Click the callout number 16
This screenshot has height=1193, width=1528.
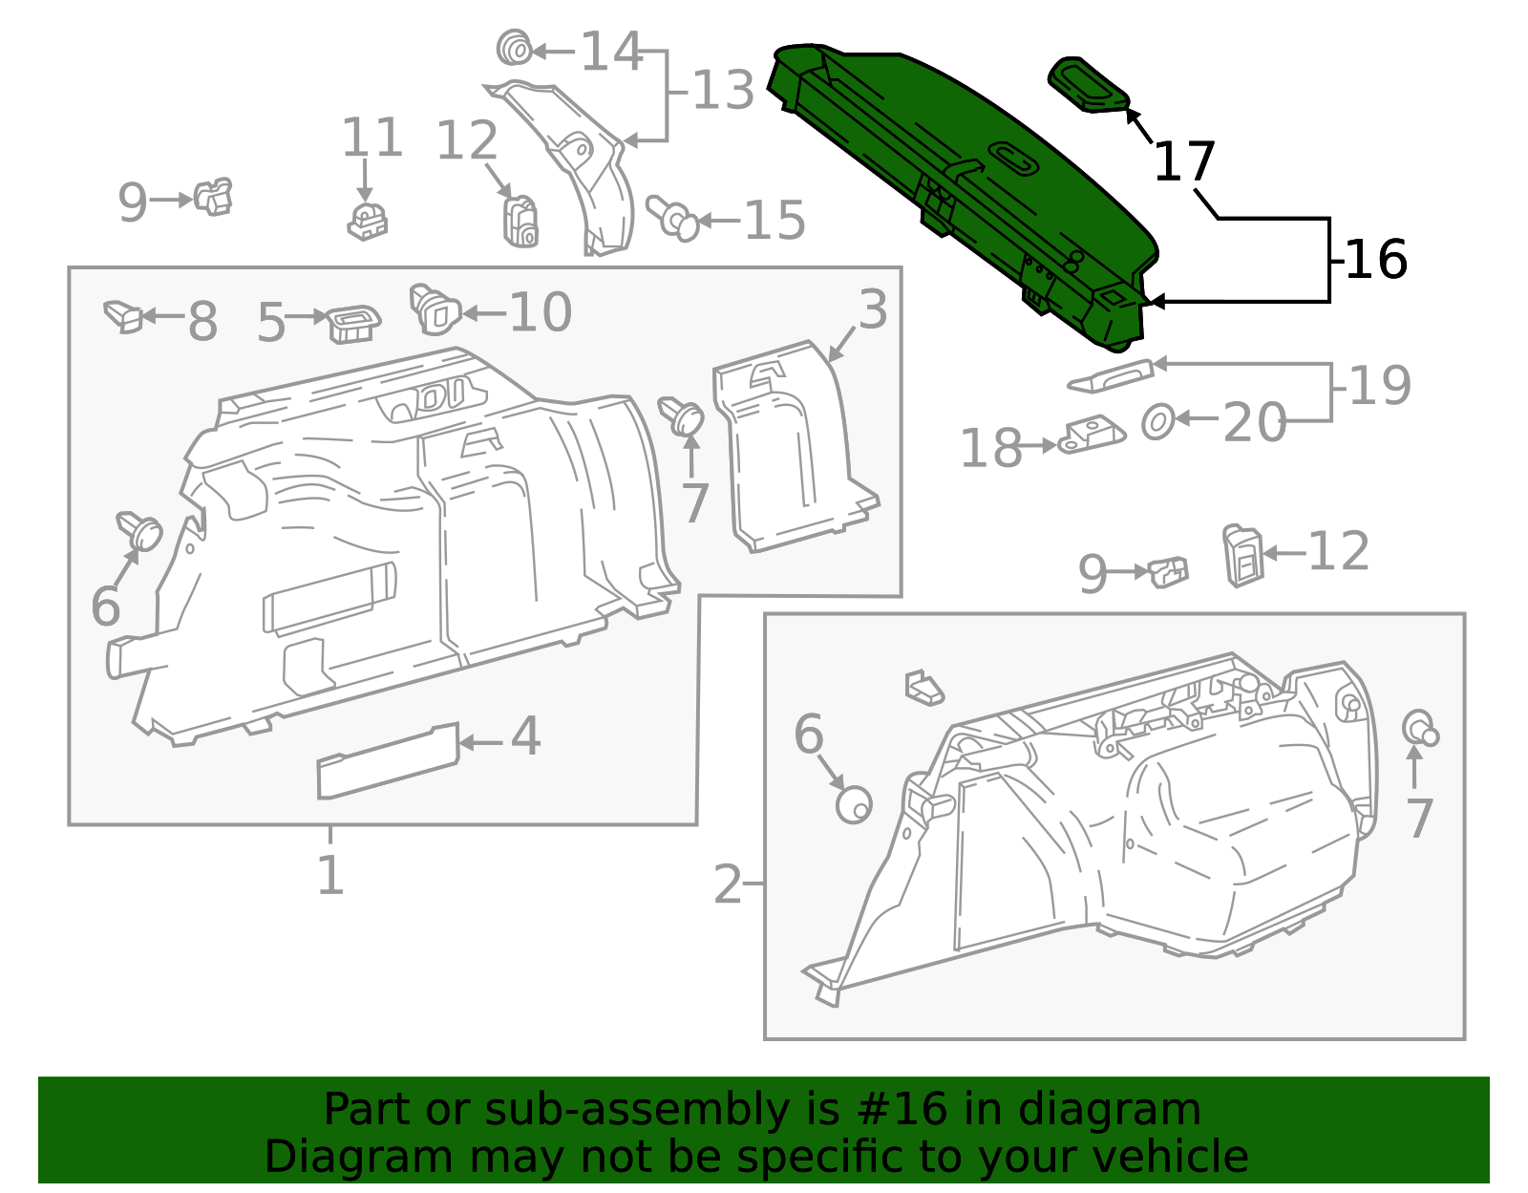point(1376,260)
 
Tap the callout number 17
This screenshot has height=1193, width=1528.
point(1185,161)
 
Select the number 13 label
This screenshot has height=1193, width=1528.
point(723,90)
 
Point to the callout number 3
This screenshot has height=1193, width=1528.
point(873,309)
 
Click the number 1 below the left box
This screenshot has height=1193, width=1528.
point(330,875)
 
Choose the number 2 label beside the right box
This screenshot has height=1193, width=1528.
point(728,884)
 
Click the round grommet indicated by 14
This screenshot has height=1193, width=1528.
point(514,48)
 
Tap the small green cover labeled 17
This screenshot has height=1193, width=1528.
point(1089,85)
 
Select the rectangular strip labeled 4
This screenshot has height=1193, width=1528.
point(388,761)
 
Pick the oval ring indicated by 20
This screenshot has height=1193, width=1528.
point(1157,422)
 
